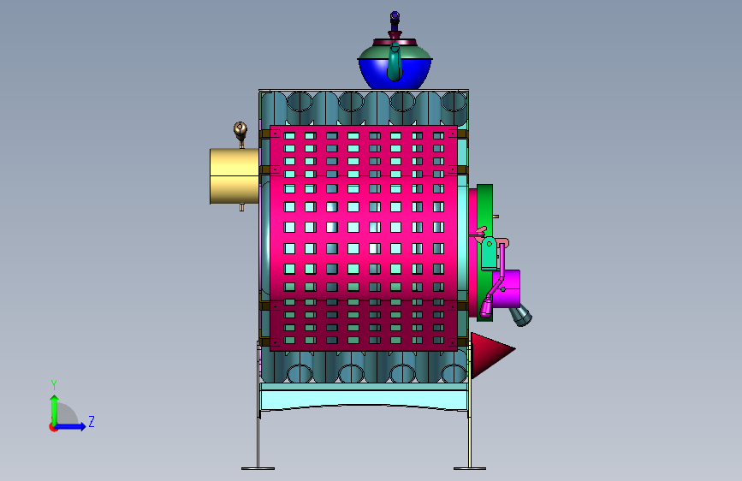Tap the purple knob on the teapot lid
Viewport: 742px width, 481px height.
(395, 18)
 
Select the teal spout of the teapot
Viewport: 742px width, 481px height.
(395, 62)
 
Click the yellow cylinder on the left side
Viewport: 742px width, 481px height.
(234, 176)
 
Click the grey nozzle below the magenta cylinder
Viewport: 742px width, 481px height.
(520, 315)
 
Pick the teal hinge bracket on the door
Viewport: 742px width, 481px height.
(489, 253)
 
